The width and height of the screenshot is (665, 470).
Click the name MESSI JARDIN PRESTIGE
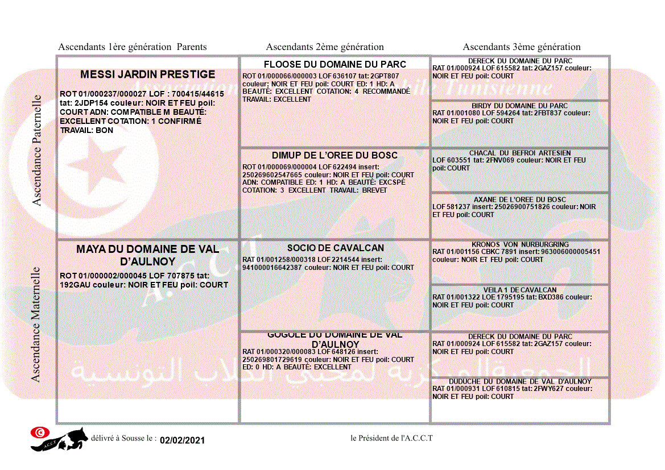pyautogui.click(x=147, y=74)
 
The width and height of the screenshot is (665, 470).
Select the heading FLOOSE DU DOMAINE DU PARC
pyautogui.click(x=335, y=64)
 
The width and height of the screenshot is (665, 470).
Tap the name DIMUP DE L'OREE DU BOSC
pyautogui.click(x=334, y=156)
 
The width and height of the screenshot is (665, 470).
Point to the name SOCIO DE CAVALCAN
pyautogui.click(x=335, y=248)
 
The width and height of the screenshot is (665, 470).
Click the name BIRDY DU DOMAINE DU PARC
pyautogui.click(x=519, y=106)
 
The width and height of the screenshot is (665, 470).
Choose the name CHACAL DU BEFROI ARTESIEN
pyautogui.click(x=520, y=153)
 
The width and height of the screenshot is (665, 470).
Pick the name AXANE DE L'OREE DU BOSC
pyautogui.click(x=520, y=199)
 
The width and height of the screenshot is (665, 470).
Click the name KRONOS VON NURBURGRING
pyautogui.click(x=520, y=244)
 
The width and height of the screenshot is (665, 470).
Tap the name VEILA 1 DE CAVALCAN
pyautogui.click(x=520, y=290)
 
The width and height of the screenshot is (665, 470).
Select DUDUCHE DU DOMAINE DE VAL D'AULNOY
pyautogui.click(x=520, y=381)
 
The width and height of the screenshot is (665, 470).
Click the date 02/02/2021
pyautogui.click(x=182, y=440)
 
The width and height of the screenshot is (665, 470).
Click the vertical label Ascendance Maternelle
pyautogui.click(x=36, y=325)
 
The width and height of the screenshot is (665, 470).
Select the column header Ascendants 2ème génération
pyautogui.click(x=325, y=47)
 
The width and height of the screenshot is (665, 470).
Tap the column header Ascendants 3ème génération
pyautogui.click(x=522, y=47)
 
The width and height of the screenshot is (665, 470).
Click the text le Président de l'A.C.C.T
pyautogui.click(x=391, y=438)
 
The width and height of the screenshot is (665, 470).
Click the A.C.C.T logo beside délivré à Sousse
pyautogui.click(x=59, y=438)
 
